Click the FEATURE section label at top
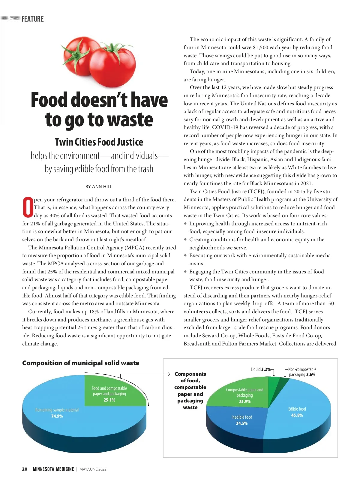(32, 19)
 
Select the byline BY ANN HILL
(99, 187)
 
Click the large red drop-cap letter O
(28, 207)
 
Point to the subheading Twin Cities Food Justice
(99, 142)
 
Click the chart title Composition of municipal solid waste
(81, 363)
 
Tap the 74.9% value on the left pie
(57, 416)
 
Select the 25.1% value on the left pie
(109, 400)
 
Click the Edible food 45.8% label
(297, 412)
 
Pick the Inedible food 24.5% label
(242, 420)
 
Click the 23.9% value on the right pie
(245, 401)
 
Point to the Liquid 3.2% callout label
(261, 369)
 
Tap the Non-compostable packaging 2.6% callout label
(302, 372)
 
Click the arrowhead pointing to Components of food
(169, 374)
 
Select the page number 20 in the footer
(25, 469)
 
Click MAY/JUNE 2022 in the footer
(93, 469)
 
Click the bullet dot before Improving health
(186, 224)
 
